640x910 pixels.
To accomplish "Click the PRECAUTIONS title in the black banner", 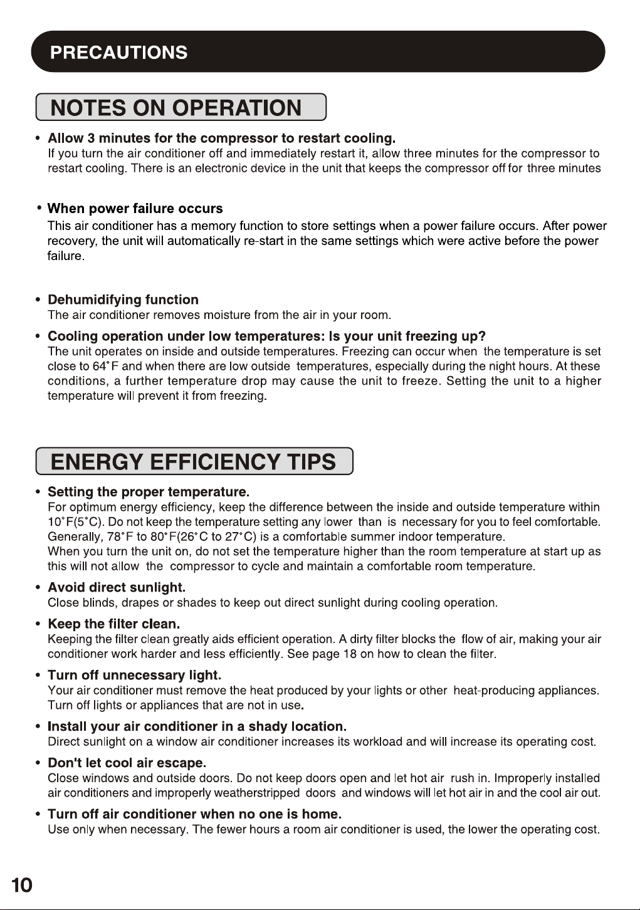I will pos(118,52).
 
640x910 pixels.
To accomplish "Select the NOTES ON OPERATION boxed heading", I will pos(176,108).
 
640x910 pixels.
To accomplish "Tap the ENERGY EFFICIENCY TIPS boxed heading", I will pos(193,462).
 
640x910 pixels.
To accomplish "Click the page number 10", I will pos(21,885).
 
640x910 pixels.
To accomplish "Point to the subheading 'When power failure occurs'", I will pos(135,209).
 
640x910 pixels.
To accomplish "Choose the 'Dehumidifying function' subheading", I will pos(123,300).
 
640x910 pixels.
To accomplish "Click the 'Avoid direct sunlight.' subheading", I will pos(117,587).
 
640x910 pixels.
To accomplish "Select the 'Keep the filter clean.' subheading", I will pos(114,624).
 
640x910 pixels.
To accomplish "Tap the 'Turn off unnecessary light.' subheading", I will pos(134,675).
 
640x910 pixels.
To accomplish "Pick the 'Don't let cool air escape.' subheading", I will pos(127,763).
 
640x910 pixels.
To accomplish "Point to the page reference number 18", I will pos(350,654).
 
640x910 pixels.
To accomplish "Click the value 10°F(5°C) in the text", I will pos(75,522).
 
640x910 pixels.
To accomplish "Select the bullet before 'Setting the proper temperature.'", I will pos(39,491).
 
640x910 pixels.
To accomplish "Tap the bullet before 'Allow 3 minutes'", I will pos(39,138).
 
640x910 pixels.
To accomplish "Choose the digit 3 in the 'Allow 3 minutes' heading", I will pos(92,138).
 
